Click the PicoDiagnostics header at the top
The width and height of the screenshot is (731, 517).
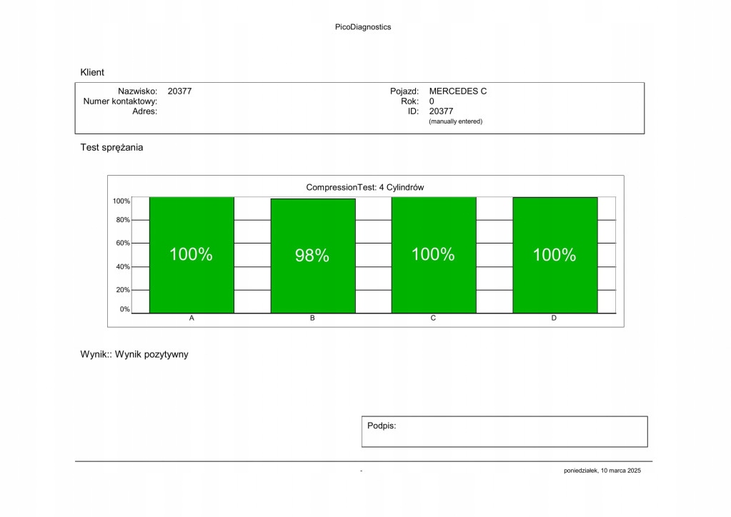pyautogui.click(x=363, y=27)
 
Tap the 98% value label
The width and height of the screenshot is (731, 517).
pyautogui.click(x=312, y=256)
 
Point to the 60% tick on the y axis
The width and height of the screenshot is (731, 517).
pyautogui.click(x=122, y=244)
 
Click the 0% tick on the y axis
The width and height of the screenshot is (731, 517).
pyautogui.click(x=124, y=310)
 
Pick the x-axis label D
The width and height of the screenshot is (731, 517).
pyautogui.click(x=554, y=318)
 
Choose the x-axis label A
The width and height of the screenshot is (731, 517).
pyautogui.click(x=192, y=318)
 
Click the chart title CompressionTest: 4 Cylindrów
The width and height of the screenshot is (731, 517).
pyautogui.click(x=365, y=188)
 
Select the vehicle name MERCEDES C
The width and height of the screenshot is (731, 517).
pyautogui.click(x=458, y=91)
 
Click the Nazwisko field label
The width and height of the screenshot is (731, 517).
pyautogui.click(x=137, y=91)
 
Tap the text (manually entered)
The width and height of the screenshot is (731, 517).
pyautogui.click(x=456, y=121)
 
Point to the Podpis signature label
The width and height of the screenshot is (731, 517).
pyautogui.click(x=382, y=426)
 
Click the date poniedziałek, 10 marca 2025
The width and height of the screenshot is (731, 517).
pyautogui.click(x=602, y=471)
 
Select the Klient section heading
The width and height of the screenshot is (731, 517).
pyautogui.click(x=92, y=72)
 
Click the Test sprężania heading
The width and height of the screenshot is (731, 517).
pyautogui.click(x=111, y=148)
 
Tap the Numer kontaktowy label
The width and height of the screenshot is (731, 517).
pyautogui.click(x=120, y=101)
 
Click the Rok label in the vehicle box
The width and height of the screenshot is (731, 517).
pyautogui.click(x=409, y=101)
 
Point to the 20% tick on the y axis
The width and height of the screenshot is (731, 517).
pyautogui.click(x=122, y=291)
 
